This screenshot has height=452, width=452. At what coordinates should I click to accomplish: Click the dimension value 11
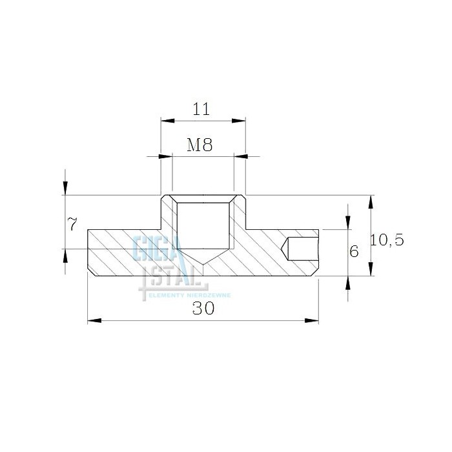[201, 109]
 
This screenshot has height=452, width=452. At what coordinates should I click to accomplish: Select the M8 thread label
[200, 145]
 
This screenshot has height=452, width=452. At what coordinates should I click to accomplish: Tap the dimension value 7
[72, 224]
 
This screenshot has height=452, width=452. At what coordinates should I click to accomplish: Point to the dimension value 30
[203, 308]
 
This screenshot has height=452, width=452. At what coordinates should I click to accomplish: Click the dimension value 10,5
[387, 240]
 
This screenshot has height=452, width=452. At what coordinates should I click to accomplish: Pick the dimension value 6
[354, 251]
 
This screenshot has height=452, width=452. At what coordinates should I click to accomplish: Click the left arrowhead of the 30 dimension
[94, 320]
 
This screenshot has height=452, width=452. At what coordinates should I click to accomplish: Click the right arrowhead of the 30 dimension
[312, 320]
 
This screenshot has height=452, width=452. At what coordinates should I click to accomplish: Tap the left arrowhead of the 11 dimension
[168, 121]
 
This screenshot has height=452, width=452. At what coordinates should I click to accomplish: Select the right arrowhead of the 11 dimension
[238, 121]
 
